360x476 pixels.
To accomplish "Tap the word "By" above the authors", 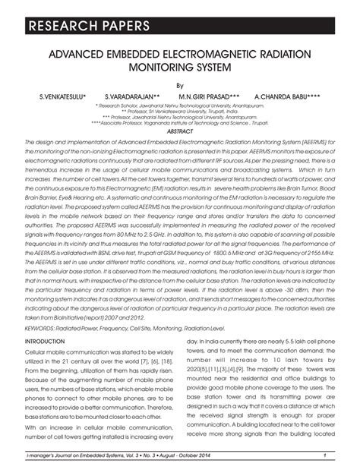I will click(180, 86).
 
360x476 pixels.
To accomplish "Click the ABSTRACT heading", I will click(180, 131).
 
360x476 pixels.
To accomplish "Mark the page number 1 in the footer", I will click(324, 455).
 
